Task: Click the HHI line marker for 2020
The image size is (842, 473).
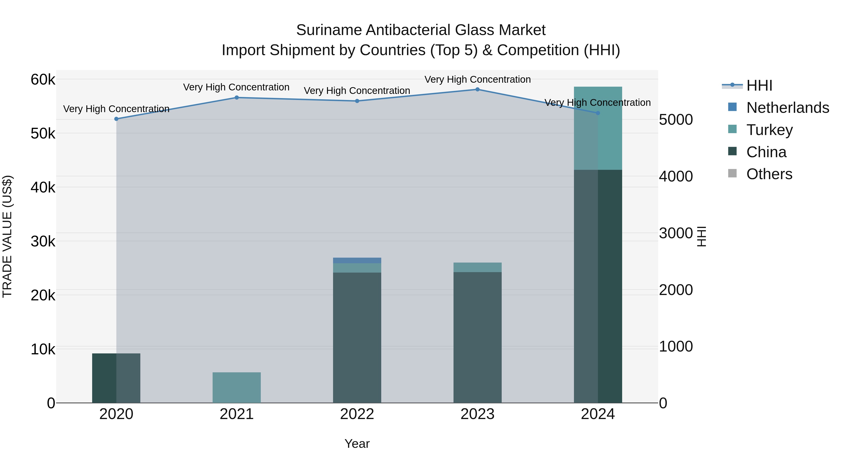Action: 116,119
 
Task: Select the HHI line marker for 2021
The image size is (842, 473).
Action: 237,98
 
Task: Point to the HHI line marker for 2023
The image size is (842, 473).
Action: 478,89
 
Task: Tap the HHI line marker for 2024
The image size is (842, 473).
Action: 598,113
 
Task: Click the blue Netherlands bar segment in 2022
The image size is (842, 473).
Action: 357,260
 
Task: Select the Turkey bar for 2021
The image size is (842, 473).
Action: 237,388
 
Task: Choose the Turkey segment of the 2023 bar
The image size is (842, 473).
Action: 478,267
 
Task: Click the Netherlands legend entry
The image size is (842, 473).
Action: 788,108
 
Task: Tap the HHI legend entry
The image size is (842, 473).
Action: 759,85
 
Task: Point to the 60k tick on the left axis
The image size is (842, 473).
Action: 43,80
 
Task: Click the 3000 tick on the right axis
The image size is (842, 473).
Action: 676,233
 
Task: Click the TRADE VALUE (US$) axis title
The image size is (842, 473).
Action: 7,236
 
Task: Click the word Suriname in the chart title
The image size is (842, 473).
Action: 329,30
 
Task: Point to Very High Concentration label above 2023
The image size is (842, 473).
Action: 478,79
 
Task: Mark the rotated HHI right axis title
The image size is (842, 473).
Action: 701,236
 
